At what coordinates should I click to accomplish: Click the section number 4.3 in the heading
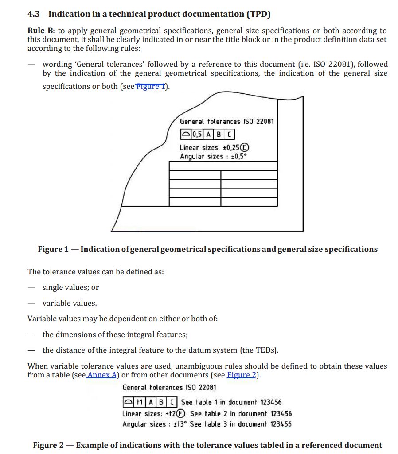point(34,14)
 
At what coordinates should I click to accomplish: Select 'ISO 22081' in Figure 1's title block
point(261,121)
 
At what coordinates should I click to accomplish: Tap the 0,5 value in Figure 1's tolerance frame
point(198,134)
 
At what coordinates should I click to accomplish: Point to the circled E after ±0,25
point(244,148)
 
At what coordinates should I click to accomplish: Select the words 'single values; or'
point(70,287)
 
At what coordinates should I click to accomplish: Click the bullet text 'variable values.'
point(70,303)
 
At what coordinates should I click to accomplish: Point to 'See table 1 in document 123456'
point(231,402)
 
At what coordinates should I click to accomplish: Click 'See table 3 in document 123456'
point(241,424)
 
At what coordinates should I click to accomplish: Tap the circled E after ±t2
point(181,413)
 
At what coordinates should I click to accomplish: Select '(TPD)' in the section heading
point(258,14)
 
